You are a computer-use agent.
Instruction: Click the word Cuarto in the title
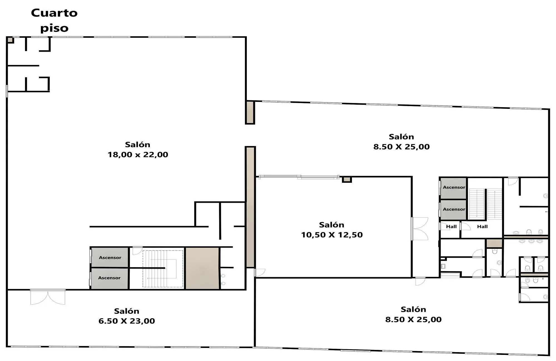coord(54,13)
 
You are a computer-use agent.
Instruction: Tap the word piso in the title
coord(54,28)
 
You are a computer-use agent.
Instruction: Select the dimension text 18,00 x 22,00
coord(138,155)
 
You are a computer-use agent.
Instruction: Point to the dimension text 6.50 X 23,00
coord(127,321)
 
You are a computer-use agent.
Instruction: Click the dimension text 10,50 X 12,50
coord(332,235)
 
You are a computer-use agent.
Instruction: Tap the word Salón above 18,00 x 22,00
coord(138,144)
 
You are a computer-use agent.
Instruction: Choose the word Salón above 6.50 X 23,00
coord(126,311)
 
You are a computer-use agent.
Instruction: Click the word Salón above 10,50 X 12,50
coord(332,225)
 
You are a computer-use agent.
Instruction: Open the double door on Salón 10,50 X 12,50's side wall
coord(420,229)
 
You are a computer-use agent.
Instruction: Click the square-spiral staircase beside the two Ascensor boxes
coord(163,269)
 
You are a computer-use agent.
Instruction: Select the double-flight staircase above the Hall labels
coord(485,203)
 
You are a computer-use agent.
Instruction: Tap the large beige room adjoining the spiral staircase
coord(202,268)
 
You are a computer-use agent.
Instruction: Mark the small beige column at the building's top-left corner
coord(10,40)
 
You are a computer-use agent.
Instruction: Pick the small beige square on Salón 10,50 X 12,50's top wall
coord(347,180)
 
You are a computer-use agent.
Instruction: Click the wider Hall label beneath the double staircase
coord(482,227)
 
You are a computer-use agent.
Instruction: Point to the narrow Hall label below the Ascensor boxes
coord(451,227)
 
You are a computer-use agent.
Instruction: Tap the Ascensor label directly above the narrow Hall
coord(454,209)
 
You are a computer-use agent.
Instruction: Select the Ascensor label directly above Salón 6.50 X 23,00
coord(109,278)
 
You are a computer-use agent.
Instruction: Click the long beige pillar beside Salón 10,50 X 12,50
coord(250,207)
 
